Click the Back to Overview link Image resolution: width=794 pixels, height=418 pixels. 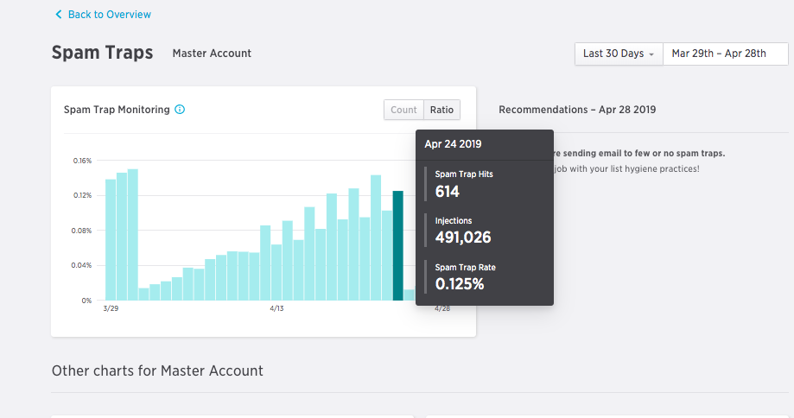(103, 15)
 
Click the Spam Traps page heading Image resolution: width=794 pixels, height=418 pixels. (102, 53)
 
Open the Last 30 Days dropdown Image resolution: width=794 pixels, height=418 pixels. (619, 54)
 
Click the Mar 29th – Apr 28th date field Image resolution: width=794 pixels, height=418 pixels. (719, 54)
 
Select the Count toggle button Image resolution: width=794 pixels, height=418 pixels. (403, 110)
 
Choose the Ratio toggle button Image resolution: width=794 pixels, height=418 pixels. (442, 110)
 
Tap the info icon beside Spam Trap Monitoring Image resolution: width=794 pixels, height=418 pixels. (180, 110)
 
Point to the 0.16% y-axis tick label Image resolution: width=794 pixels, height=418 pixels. (83, 161)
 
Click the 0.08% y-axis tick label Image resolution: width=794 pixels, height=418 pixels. (83, 231)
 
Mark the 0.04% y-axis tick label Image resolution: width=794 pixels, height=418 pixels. (83, 265)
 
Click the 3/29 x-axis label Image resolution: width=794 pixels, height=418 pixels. (111, 308)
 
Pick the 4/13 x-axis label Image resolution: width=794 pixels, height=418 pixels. (277, 308)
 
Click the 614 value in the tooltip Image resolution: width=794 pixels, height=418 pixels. (448, 192)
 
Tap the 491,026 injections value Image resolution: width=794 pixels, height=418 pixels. (463, 237)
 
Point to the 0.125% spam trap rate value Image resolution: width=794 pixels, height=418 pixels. (460, 284)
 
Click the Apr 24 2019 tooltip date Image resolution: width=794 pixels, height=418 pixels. (453, 144)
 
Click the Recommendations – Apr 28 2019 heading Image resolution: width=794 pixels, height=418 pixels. (577, 110)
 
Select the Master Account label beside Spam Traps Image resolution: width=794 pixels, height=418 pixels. (212, 54)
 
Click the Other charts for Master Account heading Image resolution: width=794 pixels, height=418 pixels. (157, 370)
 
